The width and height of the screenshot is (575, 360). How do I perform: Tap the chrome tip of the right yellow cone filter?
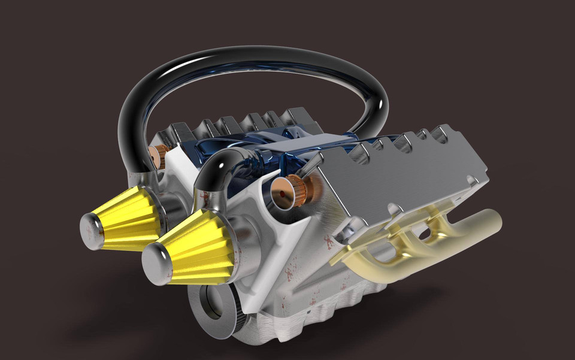[156, 264]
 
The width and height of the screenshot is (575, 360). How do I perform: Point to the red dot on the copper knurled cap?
[282, 193]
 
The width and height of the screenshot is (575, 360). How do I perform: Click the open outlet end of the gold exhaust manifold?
[491, 222]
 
